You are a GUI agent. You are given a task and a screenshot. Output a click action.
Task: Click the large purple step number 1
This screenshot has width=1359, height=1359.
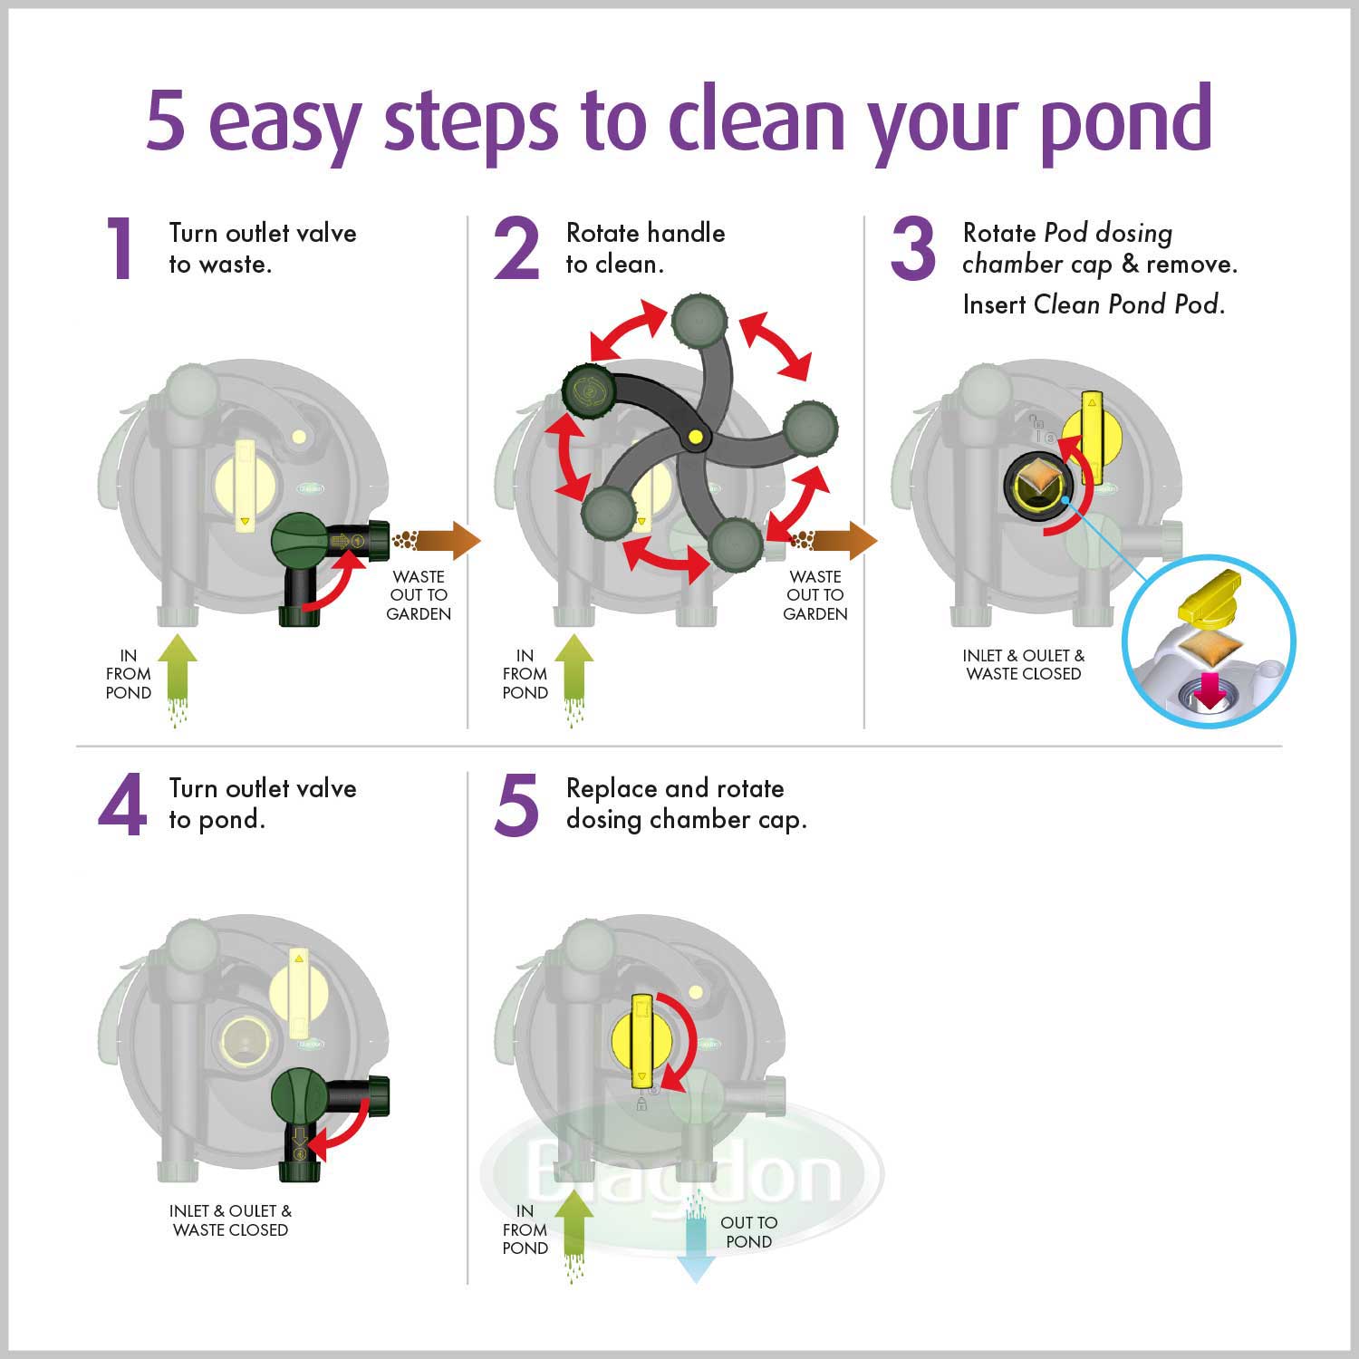pyautogui.click(x=120, y=248)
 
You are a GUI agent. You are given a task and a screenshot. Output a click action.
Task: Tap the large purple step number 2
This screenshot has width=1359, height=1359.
pyautogui.click(x=516, y=248)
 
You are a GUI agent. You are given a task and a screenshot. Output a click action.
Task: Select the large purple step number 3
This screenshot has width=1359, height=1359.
pyautogui.click(x=912, y=248)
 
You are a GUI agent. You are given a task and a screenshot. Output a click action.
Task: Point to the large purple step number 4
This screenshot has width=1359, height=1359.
pyautogui.click(x=122, y=805)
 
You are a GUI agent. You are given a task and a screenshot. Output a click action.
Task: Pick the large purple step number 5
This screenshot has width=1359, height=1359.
pyautogui.click(x=516, y=805)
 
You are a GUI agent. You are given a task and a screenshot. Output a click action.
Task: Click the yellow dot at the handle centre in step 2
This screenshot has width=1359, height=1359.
pyautogui.click(x=695, y=438)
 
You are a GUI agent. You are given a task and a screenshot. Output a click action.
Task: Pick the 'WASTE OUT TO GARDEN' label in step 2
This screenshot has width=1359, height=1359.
pyautogui.click(x=815, y=595)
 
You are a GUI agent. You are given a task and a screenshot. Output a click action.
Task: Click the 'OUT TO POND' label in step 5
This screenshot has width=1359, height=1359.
pyautogui.click(x=748, y=1232)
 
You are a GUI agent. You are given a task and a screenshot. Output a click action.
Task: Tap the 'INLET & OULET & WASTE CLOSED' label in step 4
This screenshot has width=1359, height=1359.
pyautogui.click(x=230, y=1220)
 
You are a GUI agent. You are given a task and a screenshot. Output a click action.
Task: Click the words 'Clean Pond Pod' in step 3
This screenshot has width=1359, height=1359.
pyautogui.click(x=1129, y=304)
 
